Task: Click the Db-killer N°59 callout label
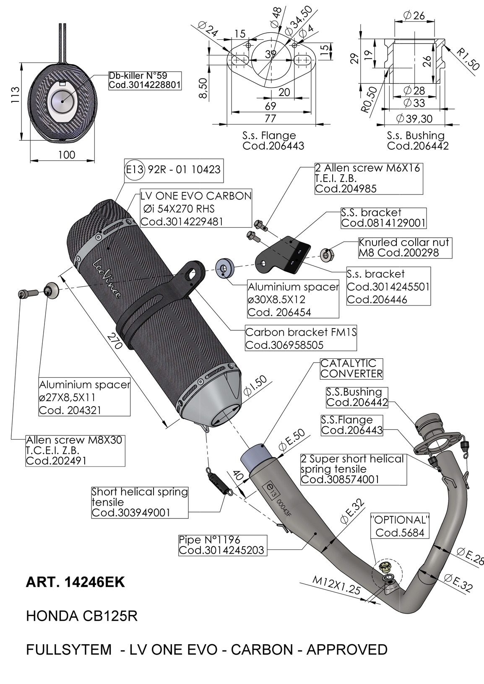click(x=144, y=80)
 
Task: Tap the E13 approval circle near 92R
click(x=135, y=170)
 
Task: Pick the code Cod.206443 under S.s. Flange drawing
click(x=273, y=146)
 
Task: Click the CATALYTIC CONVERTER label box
click(x=351, y=368)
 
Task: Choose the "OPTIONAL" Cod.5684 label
click(x=400, y=526)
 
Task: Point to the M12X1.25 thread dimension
click(x=336, y=585)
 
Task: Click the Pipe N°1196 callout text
click(x=222, y=545)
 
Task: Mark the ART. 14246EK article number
click(x=75, y=582)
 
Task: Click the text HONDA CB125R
click(x=82, y=616)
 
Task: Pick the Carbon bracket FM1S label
click(x=301, y=338)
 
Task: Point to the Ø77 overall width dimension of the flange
click(x=271, y=119)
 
